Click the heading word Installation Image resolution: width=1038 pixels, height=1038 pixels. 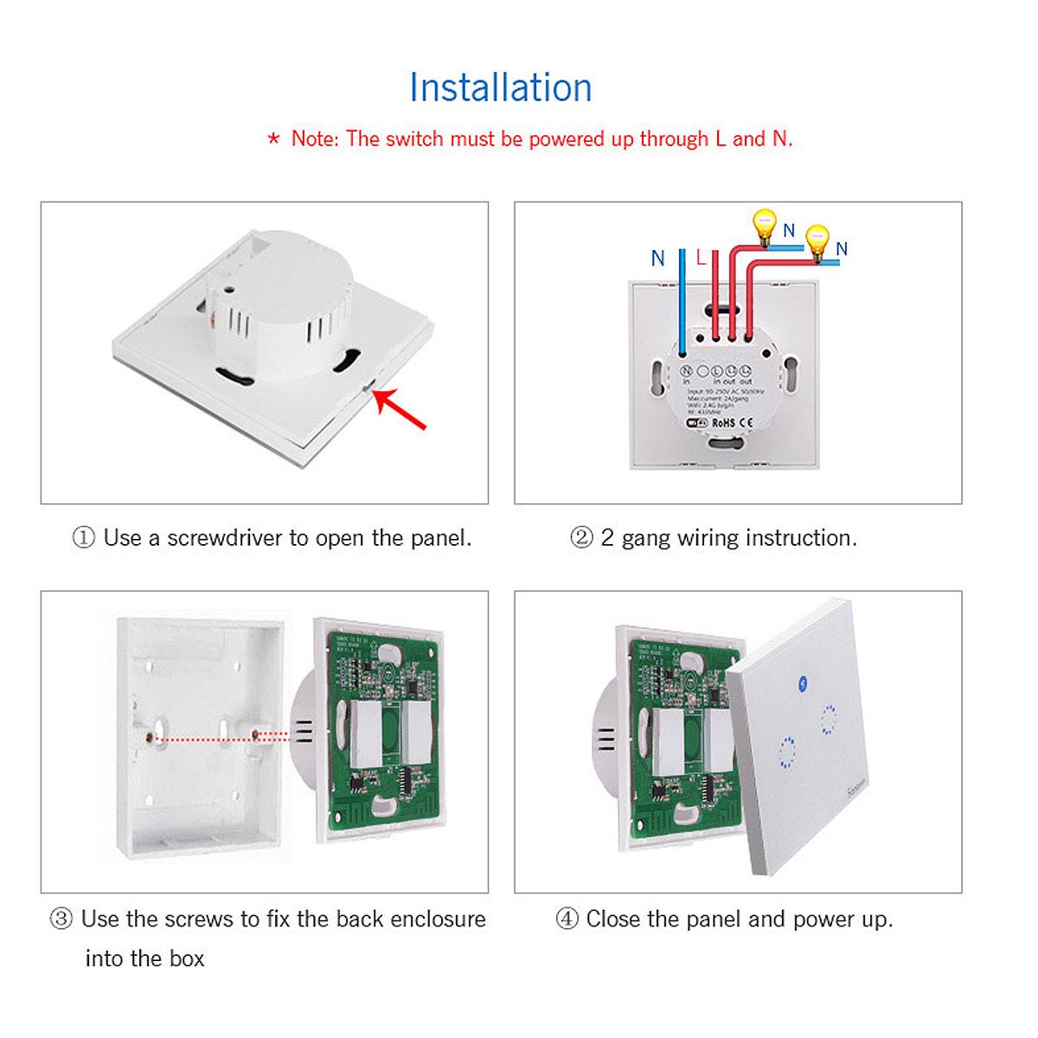click(x=500, y=87)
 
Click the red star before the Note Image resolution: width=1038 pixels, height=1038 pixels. click(x=273, y=138)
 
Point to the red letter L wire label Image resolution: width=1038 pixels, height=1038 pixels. click(x=702, y=257)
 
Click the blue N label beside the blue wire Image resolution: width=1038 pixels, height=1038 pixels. click(x=658, y=258)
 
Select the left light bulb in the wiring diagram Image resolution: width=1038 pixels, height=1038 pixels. click(x=763, y=223)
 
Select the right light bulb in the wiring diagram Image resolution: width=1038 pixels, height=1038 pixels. click(x=816, y=237)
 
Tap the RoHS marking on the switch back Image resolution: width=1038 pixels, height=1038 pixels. click(x=723, y=423)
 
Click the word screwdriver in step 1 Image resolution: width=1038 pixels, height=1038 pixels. click(x=224, y=538)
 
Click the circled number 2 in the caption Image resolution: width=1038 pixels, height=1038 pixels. click(x=581, y=538)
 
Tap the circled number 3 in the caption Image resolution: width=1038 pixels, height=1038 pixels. click(x=61, y=919)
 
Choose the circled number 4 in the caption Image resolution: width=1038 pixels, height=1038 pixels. click(x=567, y=919)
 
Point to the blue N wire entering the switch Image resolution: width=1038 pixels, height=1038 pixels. click(x=683, y=303)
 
